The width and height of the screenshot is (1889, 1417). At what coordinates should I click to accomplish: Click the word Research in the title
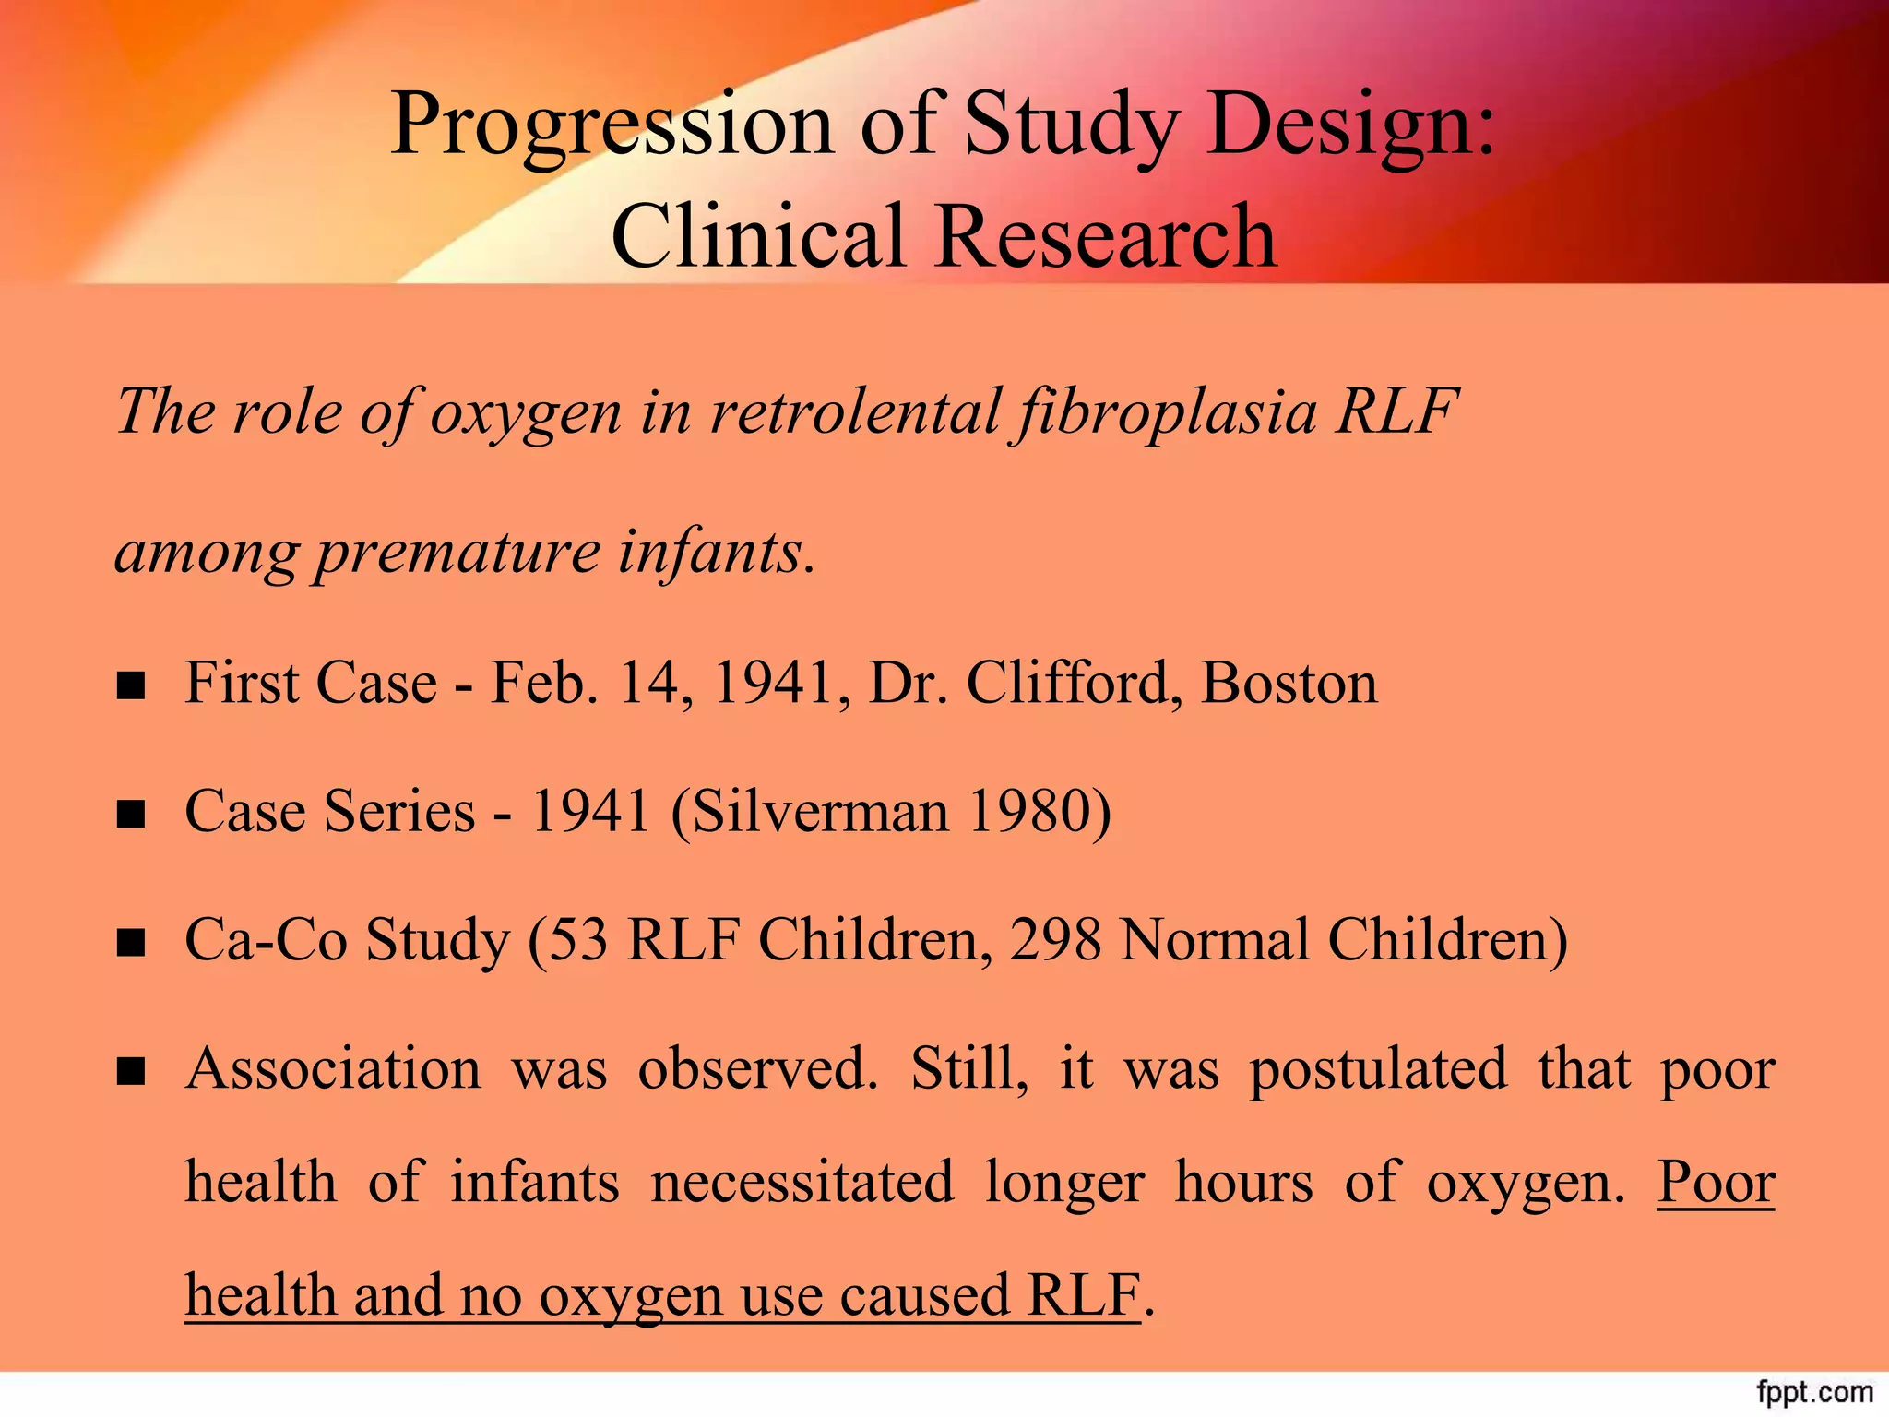click(x=1106, y=236)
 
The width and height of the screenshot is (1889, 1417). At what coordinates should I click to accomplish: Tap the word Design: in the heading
click(x=1350, y=125)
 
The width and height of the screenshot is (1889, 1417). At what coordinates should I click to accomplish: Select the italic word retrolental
click(x=854, y=411)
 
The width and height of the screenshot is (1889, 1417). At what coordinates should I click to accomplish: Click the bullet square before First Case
click(x=131, y=686)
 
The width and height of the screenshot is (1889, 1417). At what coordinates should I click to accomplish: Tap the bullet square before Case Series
click(x=131, y=815)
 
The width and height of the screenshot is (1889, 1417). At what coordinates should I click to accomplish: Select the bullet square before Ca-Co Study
click(x=131, y=943)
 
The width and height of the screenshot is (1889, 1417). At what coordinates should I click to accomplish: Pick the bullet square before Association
click(x=131, y=1071)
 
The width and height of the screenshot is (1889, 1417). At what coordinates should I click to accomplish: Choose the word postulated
click(x=1378, y=1069)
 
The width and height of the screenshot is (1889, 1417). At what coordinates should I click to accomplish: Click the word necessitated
click(x=802, y=1183)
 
